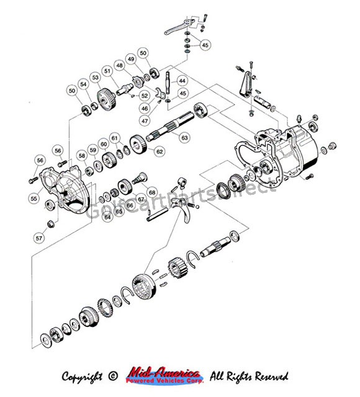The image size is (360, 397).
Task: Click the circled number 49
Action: point(131,58)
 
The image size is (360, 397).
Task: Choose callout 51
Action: point(107,71)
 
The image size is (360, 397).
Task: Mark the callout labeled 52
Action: point(145,96)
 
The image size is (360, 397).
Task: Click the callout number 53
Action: point(95,78)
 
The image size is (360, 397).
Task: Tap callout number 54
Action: point(83,84)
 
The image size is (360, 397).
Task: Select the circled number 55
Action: point(34,198)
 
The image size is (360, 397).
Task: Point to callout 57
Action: point(39,238)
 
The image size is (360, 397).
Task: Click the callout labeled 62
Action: point(160,151)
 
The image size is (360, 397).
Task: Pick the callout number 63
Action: point(184,138)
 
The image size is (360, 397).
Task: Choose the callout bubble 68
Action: point(152,192)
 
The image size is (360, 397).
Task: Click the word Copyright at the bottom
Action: point(84,376)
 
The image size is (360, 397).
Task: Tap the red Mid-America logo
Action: point(163,375)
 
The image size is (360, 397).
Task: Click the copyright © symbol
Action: point(112,376)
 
